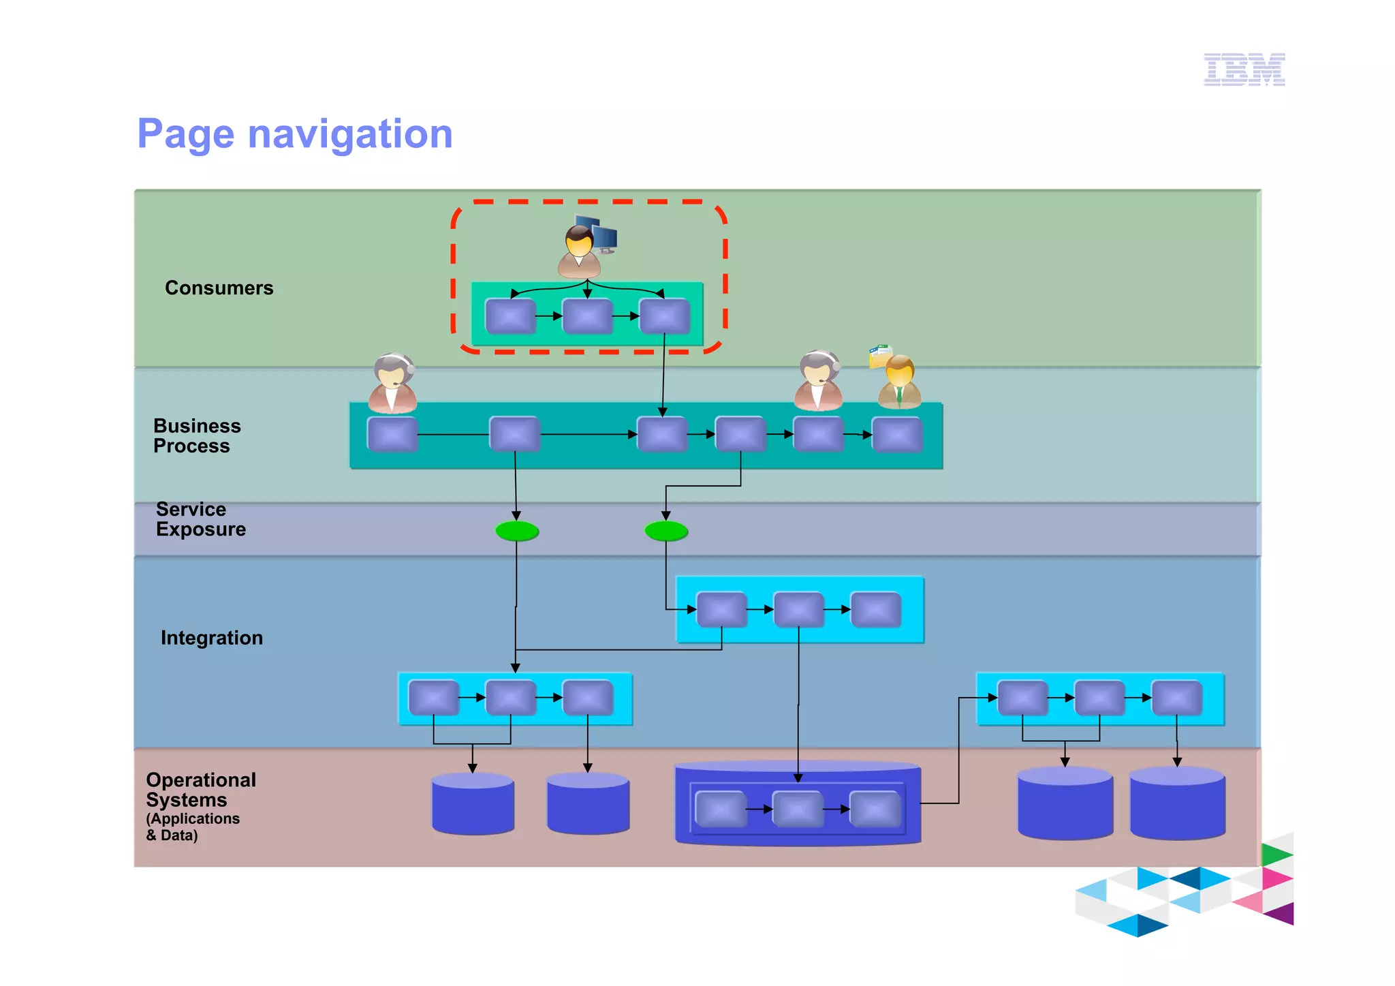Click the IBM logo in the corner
pyautogui.click(x=1244, y=70)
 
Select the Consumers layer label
pyautogui.click(x=219, y=288)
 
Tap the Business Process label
pyautogui.click(x=197, y=435)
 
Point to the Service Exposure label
pyautogui.click(x=200, y=519)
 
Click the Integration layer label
pyautogui.click(x=212, y=638)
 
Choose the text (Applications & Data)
pyautogui.click(x=192, y=827)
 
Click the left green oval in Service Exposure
pyautogui.click(x=517, y=531)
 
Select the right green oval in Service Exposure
pyautogui.click(x=666, y=531)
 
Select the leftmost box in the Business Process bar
pyautogui.click(x=392, y=434)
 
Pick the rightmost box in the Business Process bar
pyautogui.click(x=898, y=435)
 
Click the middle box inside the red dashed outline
pyautogui.click(x=587, y=316)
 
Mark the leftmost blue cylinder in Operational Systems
pyautogui.click(x=473, y=804)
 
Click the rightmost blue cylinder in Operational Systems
pyautogui.click(x=1177, y=803)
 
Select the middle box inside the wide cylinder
pyautogui.click(x=798, y=810)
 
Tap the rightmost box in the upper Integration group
pyautogui.click(x=876, y=610)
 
